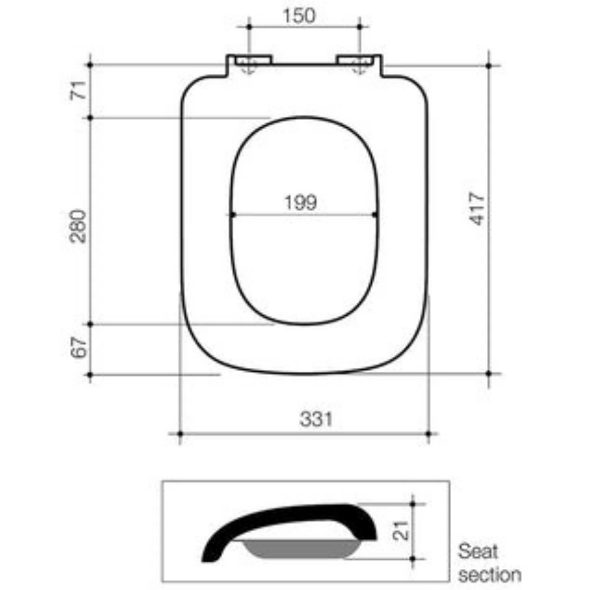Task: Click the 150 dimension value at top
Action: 299,14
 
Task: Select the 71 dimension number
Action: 78,91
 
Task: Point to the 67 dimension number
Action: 79,348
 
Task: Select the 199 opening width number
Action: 300,203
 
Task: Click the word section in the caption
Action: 489,575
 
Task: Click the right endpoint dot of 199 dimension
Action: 374,214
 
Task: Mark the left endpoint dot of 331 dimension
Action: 180,433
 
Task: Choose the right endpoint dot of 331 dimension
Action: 428,433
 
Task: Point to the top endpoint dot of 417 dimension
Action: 489,65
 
